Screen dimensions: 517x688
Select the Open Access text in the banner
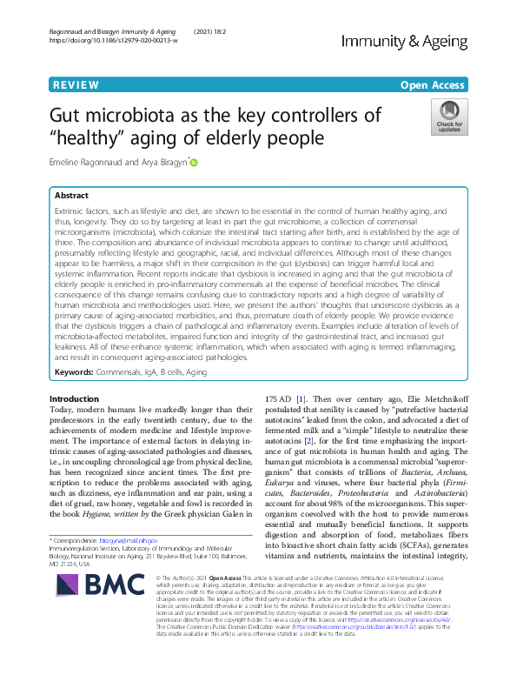pos(433,84)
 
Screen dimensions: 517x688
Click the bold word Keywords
pos(74,371)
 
